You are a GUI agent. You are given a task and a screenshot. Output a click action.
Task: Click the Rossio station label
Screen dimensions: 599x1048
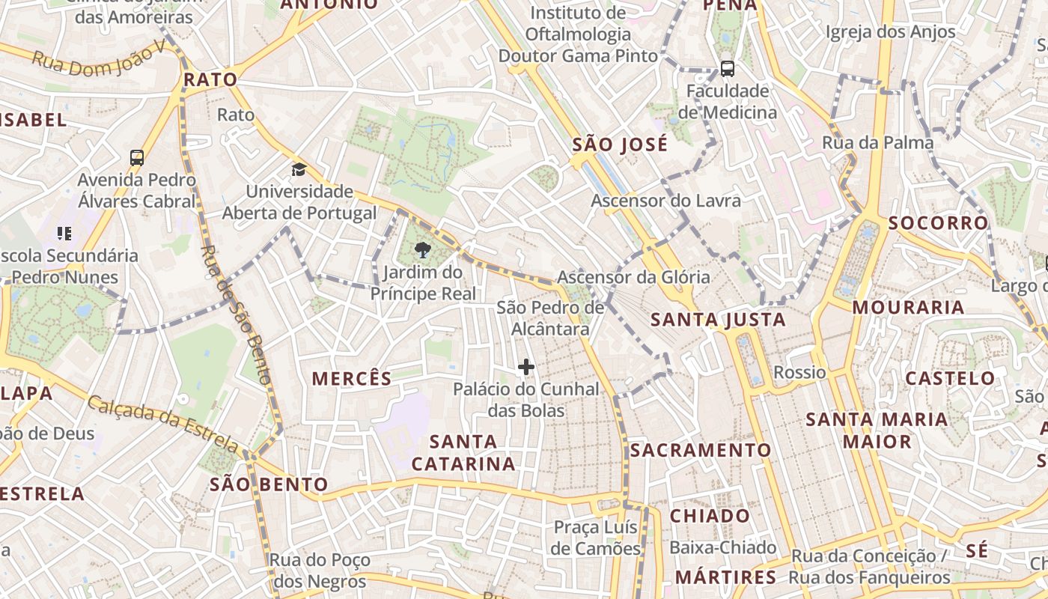[x=799, y=372]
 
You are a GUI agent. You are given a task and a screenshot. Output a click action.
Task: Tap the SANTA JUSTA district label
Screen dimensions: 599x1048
[x=718, y=320]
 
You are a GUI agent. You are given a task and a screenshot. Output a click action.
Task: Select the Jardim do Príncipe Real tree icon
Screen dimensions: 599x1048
[x=422, y=251]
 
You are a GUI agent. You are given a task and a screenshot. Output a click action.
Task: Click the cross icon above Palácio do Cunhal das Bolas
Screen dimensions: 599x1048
[x=526, y=367]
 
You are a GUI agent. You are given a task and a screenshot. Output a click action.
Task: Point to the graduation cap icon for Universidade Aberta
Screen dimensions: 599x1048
[x=299, y=169]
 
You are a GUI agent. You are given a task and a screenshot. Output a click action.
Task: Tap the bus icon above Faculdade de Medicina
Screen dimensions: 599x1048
[x=727, y=69]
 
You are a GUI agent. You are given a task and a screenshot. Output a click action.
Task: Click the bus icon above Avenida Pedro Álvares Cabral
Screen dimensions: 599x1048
[x=137, y=158]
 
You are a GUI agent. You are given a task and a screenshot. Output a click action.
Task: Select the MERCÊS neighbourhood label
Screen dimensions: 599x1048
[x=352, y=379]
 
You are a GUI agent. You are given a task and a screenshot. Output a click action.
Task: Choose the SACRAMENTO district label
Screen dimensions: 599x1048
[x=700, y=450]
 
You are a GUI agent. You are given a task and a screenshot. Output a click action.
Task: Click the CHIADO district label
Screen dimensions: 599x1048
[x=710, y=516]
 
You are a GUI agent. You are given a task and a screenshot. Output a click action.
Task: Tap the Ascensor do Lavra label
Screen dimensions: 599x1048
[x=665, y=201]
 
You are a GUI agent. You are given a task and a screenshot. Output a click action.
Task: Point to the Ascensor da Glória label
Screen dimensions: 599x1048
[x=633, y=277]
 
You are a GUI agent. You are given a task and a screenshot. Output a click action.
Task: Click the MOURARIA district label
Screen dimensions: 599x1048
[x=908, y=307]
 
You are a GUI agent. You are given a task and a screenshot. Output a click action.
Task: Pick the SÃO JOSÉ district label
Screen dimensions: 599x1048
[x=620, y=145]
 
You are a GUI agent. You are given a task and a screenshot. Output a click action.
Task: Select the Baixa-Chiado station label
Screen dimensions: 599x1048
[x=722, y=548]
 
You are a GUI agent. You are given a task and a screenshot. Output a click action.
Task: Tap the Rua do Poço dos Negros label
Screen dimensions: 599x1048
[x=320, y=571]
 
